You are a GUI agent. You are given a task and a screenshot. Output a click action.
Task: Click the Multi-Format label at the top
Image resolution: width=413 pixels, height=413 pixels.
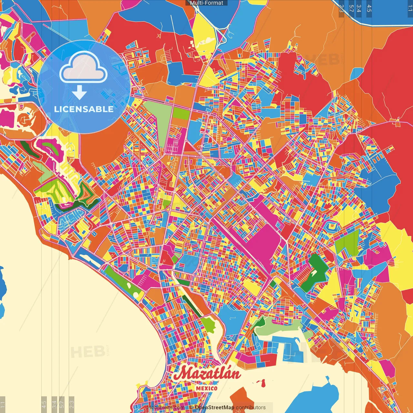click(206, 3)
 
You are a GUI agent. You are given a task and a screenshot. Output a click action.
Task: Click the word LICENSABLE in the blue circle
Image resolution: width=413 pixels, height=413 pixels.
click(84, 109)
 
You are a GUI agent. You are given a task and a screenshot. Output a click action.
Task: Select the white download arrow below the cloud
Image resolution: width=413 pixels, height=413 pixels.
click(79, 92)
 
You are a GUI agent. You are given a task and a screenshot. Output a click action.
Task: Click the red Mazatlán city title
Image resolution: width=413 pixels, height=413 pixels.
click(207, 374)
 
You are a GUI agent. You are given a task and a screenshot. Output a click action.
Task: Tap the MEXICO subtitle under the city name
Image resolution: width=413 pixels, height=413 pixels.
click(207, 388)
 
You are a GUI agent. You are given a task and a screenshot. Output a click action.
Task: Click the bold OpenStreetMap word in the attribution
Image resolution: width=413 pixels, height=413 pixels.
click(215, 408)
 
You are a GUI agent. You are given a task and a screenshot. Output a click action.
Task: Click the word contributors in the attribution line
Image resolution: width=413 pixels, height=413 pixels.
click(251, 408)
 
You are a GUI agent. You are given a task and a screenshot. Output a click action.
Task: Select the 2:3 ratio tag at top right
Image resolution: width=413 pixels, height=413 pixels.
click(341, 8)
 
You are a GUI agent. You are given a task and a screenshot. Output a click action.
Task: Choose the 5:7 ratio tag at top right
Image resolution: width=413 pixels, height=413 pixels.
click(351, 8)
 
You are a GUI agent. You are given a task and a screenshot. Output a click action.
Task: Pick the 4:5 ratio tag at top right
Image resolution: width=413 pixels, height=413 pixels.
click(369, 8)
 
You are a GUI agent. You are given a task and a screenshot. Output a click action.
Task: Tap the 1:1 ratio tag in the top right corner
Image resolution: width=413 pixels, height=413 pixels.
click(410, 8)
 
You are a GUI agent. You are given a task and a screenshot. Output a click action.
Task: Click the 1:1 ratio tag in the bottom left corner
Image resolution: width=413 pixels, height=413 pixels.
click(3, 404)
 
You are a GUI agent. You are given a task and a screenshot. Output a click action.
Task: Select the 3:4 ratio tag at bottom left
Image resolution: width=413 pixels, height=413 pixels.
click(54, 404)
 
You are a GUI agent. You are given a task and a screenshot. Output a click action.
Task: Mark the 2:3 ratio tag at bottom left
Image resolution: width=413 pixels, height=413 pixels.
click(72, 404)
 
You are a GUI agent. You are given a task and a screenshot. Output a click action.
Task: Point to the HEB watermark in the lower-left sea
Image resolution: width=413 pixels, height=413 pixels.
click(87, 352)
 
